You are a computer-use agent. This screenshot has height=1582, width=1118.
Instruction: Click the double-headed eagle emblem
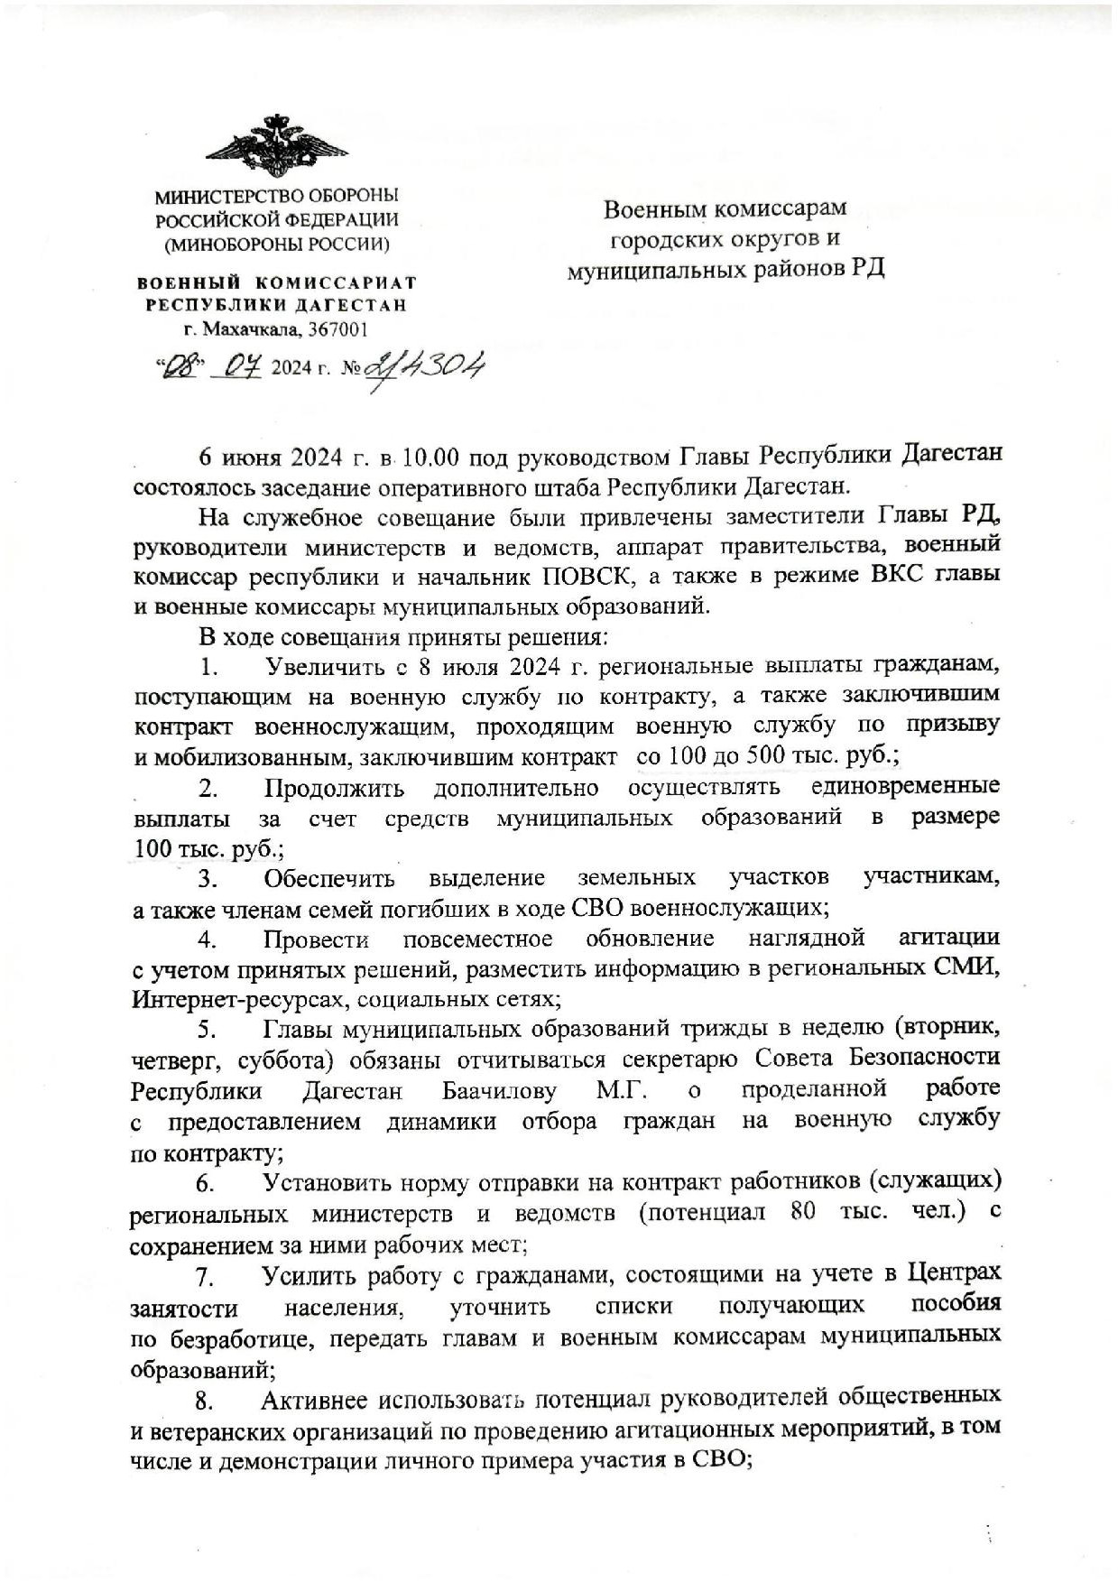click(x=276, y=146)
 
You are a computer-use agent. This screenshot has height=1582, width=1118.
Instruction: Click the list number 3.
click(x=209, y=878)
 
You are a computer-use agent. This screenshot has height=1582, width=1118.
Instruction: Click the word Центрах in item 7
click(x=954, y=1273)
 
